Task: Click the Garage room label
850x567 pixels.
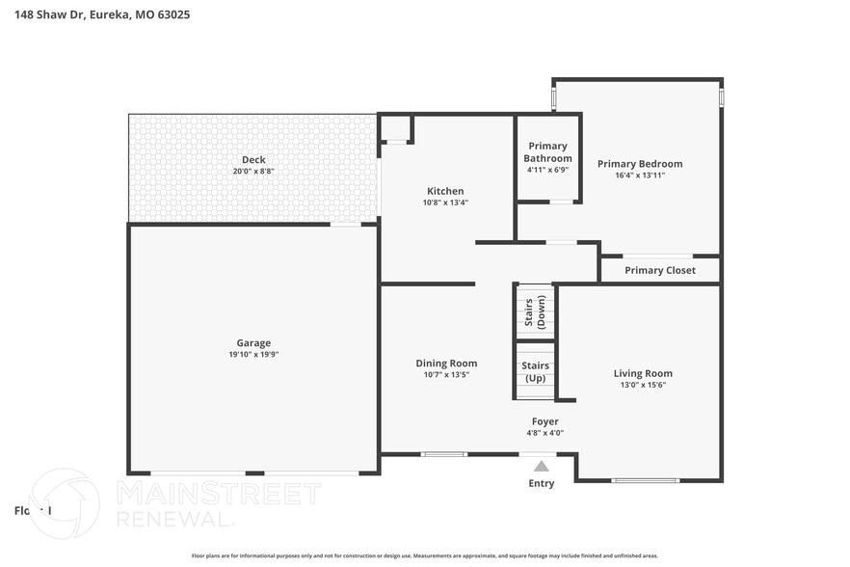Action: click(x=253, y=342)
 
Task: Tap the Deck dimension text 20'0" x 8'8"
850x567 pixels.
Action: click(x=253, y=172)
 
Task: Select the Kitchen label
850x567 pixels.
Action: click(x=444, y=191)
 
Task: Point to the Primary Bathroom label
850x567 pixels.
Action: click(x=547, y=152)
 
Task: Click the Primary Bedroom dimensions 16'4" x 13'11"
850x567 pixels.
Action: click(x=639, y=175)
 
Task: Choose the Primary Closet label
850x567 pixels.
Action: click(x=659, y=270)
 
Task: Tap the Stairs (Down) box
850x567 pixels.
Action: click(x=534, y=310)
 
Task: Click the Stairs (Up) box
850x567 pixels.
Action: click(x=534, y=371)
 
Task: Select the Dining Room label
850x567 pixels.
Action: click(x=446, y=364)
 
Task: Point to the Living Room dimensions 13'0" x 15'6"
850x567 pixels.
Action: click(x=643, y=385)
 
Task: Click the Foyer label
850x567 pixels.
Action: click(x=545, y=421)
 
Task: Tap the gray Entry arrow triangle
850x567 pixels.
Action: click(x=542, y=466)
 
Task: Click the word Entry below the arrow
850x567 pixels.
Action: click(x=542, y=483)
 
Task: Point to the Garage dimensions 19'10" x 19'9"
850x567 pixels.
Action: click(x=253, y=355)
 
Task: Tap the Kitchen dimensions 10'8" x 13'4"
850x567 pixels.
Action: click(x=444, y=202)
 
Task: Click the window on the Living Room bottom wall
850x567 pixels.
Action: click(x=645, y=480)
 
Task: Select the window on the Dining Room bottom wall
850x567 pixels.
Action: click(x=444, y=454)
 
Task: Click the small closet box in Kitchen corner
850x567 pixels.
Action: click(x=395, y=128)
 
